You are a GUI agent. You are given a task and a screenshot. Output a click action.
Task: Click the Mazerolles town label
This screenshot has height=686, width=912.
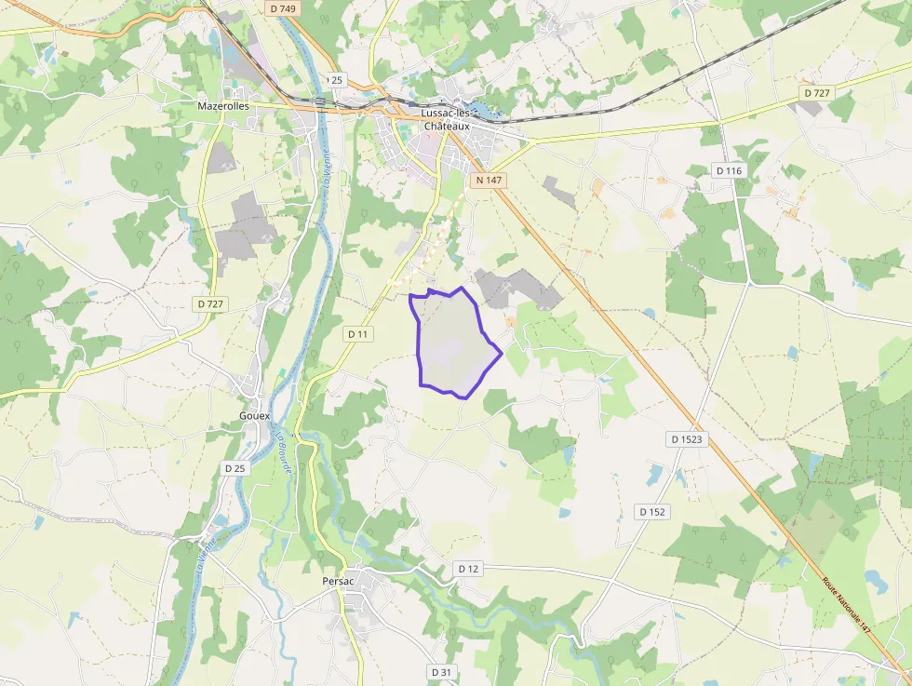pos(223,106)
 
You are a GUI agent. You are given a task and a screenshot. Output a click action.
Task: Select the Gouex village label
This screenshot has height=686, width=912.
pos(254,415)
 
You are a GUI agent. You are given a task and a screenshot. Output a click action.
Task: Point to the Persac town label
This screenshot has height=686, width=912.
pos(337,581)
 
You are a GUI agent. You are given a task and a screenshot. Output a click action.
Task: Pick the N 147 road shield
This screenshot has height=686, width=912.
pos(488,179)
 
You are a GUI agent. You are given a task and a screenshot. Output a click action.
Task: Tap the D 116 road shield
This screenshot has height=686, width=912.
pos(729,170)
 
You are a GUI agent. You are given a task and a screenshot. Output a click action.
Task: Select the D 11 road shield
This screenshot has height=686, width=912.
pos(358,333)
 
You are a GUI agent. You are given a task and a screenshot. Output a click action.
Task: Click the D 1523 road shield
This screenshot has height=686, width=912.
pos(687,438)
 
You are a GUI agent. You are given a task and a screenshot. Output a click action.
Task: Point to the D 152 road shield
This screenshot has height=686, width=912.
pos(652,512)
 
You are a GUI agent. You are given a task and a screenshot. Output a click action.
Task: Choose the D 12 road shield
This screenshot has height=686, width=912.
pos(468,568)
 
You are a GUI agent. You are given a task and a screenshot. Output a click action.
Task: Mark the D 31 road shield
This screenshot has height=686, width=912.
pos(441,671)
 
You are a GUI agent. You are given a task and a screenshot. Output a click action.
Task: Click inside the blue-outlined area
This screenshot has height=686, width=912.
pos(451,344)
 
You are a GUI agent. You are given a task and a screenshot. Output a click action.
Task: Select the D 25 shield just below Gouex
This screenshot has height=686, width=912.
pos(235,468)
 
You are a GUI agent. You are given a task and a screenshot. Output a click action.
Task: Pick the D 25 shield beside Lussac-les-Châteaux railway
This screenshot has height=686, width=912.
pos(335,80)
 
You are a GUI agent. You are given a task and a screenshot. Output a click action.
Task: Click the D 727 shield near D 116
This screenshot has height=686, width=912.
pos(815,93)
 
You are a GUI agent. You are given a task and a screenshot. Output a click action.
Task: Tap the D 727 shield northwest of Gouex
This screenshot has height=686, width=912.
pos(210,304)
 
